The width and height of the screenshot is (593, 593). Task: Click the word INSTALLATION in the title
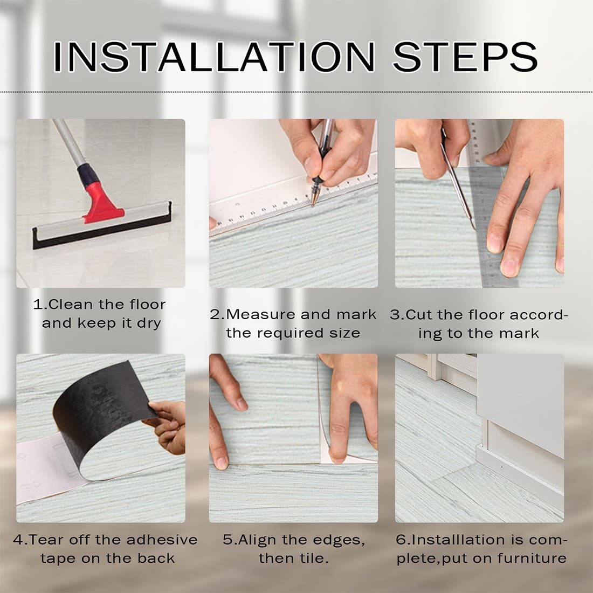(214, 57)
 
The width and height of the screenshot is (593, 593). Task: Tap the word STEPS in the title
(465, 57)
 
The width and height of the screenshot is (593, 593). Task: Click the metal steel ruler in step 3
(488, 212)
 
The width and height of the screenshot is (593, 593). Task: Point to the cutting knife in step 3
(457, 178)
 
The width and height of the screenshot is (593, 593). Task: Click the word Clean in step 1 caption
(71, 305)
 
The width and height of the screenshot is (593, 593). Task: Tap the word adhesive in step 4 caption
(162, 540)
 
